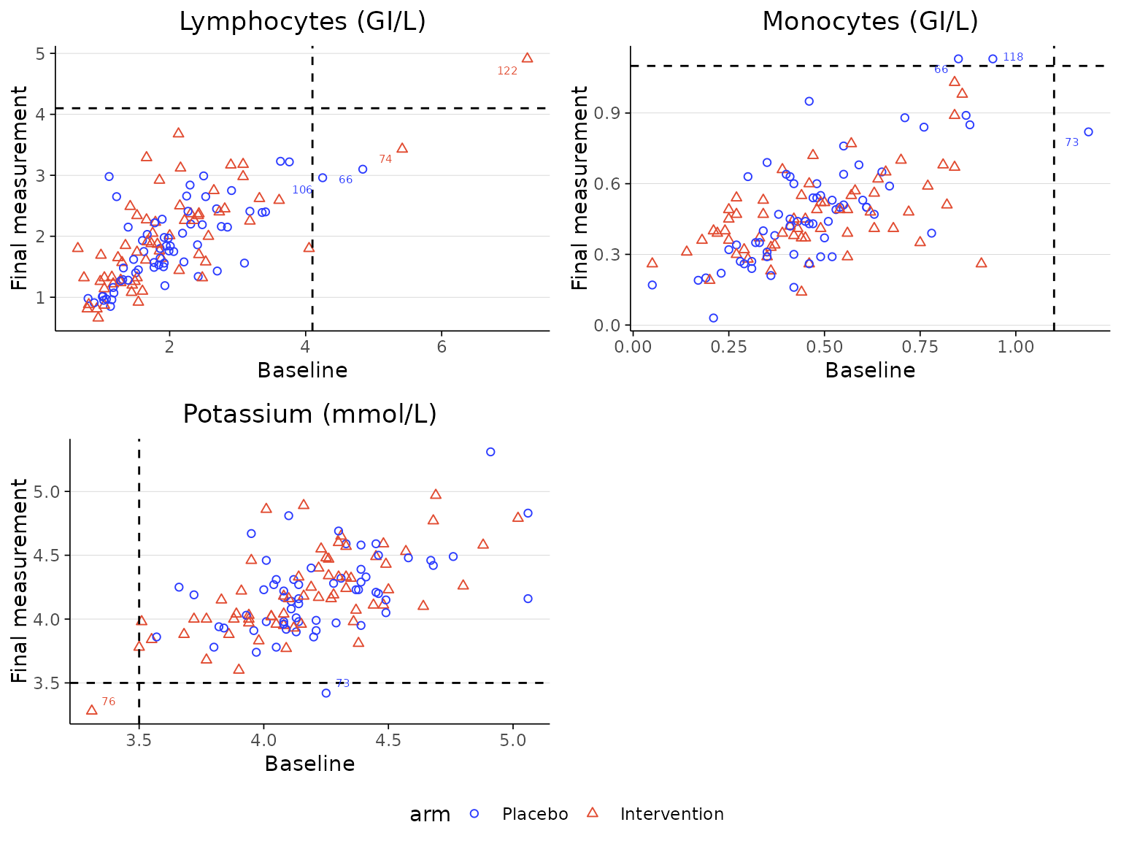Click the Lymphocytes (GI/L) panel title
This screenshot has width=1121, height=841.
(302, 22)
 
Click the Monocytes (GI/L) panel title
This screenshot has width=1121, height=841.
(870, 22)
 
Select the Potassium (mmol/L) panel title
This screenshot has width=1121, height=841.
(309, 415)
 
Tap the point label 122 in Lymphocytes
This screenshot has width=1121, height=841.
(507, 71)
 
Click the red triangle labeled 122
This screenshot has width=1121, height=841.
(527, 58)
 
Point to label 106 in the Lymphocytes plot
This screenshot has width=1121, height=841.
(302, 190)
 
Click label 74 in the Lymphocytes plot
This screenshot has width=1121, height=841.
(385, 159)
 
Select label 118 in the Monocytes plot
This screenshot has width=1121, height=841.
(1013, 57)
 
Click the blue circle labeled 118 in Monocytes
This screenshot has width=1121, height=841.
(993, 59)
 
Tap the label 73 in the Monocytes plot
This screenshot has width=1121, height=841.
(1071, 142)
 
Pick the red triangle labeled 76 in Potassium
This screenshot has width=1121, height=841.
(91, 710)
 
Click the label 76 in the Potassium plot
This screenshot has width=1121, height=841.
(108, 702)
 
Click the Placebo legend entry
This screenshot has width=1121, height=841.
(534, 814)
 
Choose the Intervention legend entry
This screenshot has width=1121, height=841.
(671, 814)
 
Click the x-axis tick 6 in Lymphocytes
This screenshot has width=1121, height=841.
(442, 347)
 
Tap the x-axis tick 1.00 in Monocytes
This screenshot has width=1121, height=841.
(1015, 347)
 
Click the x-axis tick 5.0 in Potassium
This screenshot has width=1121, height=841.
(513, 740)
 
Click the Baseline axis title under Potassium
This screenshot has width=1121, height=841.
(309, 764)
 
